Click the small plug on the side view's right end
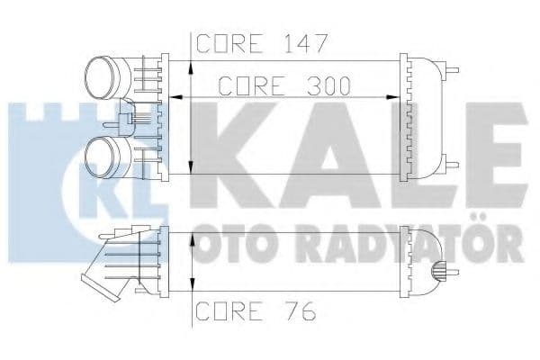coord(438,269)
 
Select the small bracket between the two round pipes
coord(133,116)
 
